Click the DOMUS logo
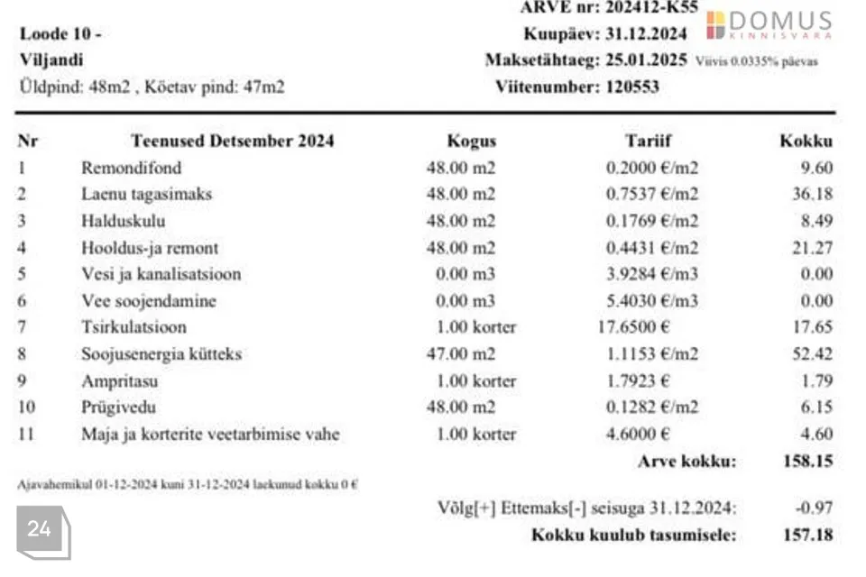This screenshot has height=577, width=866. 769,25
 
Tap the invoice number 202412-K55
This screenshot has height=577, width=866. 648,7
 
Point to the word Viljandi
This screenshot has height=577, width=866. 51,60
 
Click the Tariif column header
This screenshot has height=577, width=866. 648,141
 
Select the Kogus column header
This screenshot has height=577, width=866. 471,141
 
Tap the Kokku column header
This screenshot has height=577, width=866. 806,141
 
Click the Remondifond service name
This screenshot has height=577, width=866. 131,168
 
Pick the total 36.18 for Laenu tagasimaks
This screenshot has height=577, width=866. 814,194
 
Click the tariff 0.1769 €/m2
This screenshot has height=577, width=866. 651,221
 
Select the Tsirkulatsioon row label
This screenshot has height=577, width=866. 134,327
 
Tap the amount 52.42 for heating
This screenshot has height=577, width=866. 814,354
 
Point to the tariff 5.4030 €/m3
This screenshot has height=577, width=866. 651,301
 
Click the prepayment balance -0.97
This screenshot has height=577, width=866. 815,508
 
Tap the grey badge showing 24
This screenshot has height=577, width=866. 41,530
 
